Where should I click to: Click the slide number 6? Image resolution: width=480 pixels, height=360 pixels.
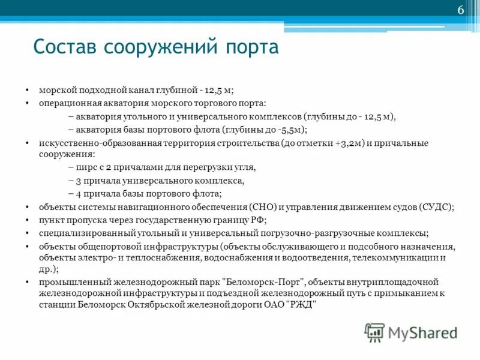click(461, 11)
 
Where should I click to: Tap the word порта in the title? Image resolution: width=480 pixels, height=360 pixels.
click(252, 47)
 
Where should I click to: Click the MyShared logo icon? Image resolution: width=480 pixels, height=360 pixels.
click(375, 332)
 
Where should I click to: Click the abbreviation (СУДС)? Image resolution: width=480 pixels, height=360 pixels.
click(436, 207)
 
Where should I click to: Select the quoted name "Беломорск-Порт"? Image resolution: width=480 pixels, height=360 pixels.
click(264, 281)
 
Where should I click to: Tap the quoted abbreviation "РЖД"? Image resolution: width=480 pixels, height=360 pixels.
click(300, 304)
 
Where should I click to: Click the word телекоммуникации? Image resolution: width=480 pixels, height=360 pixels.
click(395, 258)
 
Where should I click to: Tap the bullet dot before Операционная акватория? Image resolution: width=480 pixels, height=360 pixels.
click(28, 104)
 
